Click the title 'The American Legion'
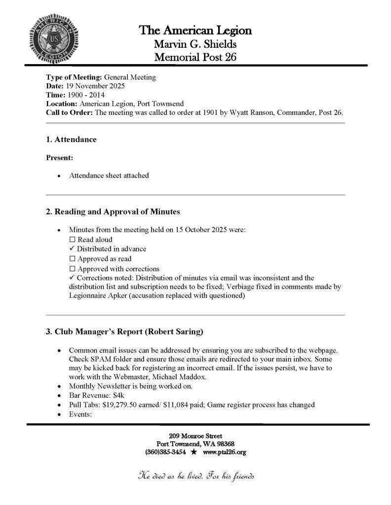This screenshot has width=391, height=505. pyautogui.click(x=195, y=31)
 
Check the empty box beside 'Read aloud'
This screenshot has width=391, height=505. pyautogui.click(x=72, y=240)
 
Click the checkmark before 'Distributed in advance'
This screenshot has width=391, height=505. pyautogui.click(x=72, y=249)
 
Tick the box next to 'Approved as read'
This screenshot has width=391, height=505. pyautogui.click(x=72, y=258)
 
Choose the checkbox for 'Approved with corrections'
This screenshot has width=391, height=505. pyautogui.click(x=72, y=269)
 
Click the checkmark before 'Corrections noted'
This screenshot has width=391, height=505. pyautogui.click(x=72, y=278)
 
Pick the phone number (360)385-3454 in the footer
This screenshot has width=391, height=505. pyautogui.click(x=166, y=452)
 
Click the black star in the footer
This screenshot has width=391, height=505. pyautogui.click(x=194, y=452)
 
